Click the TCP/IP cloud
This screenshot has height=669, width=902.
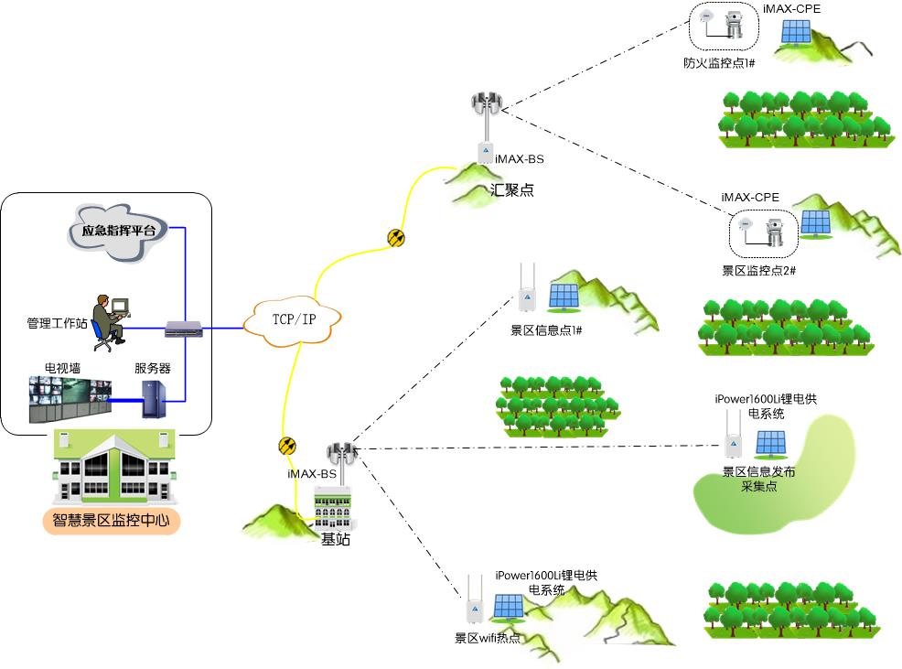pos(294,320)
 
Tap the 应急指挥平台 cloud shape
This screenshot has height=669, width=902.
pos(118,232)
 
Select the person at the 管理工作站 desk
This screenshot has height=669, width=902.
pos(111,321)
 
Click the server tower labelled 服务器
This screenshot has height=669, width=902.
pos(151,399)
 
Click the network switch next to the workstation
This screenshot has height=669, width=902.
pos(183,328)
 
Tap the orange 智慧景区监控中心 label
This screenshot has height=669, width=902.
pos(111,523)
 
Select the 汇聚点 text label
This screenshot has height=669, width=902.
pos(512,190)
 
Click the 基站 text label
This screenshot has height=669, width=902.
pos(335,539)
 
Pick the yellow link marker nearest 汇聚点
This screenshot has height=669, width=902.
pos(395,239)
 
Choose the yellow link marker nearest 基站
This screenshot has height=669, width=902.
pos(287,446)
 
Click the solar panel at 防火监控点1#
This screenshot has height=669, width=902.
pos(794,33)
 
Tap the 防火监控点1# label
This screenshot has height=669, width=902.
pos(719,63)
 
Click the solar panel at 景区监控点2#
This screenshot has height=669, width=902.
pos(815,223)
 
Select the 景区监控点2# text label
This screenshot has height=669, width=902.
pos(759,271)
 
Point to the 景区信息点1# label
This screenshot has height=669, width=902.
pos(546,329)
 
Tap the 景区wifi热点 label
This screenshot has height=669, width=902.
pos(488,638)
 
